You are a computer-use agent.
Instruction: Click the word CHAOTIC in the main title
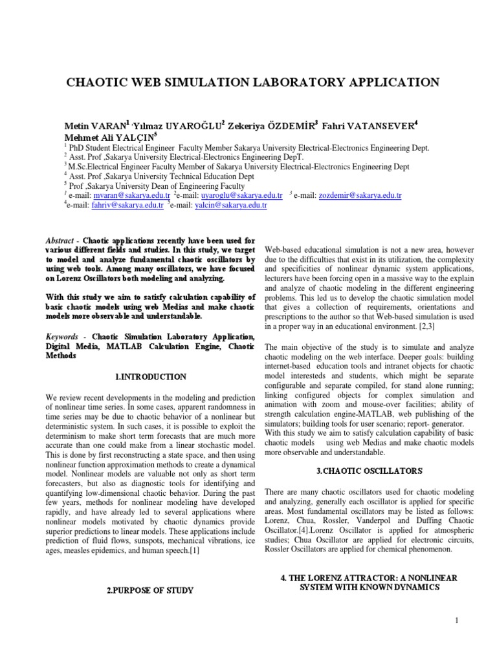click(114, 82)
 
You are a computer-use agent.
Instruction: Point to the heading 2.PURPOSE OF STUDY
click(150, 590)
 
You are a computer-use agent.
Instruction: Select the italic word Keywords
click(65, 337)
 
